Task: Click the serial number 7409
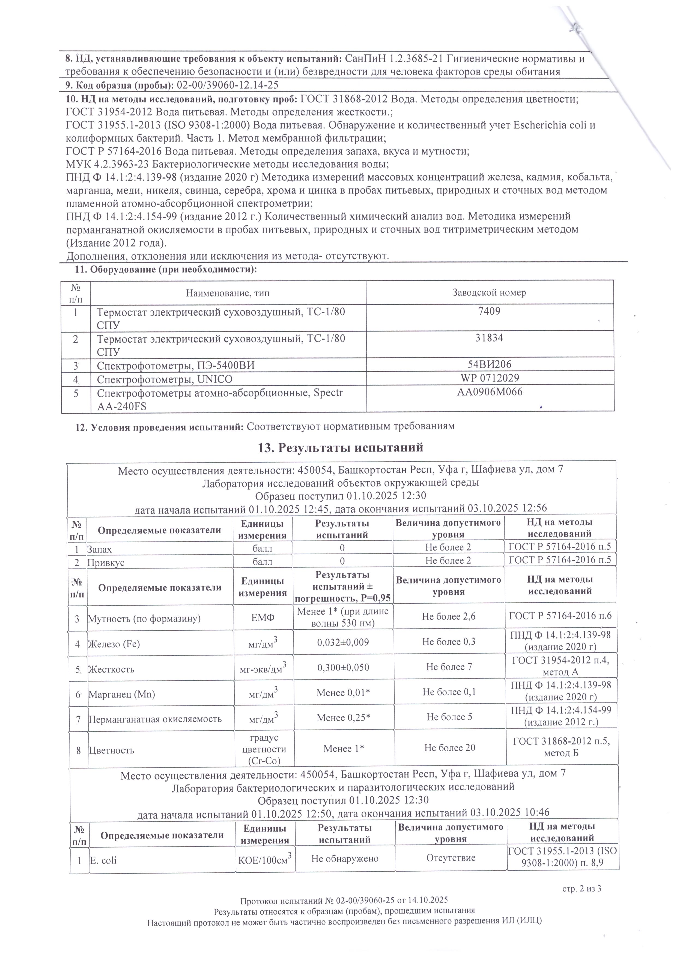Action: pos(490,311)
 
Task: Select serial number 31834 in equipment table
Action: pos(490,338)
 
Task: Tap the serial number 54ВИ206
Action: pos(490,364)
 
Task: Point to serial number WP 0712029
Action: pos(490,378)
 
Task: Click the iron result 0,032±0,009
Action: pos(343,642)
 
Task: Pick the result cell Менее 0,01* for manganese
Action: pos(344,693)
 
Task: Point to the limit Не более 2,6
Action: pos(449,617)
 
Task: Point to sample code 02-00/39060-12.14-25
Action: pos(228,85)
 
